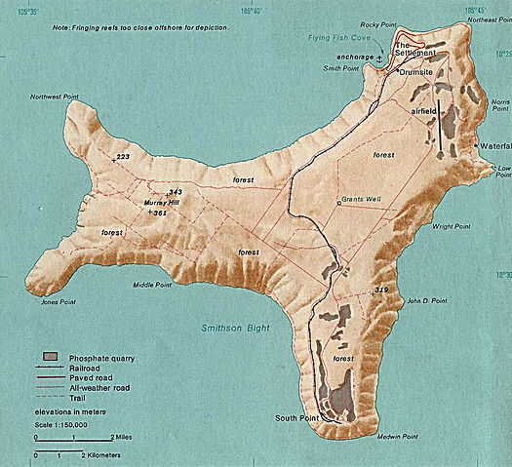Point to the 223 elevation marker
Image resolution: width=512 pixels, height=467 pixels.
pyautogui.click(x=122, y=157)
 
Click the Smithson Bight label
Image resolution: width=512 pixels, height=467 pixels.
pyautogui.click(x=241, y=330)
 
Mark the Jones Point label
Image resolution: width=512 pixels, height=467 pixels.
pyautogui.click(x=58, y=302)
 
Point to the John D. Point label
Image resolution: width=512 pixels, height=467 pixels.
pyautogui.click(x=425, y=301)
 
